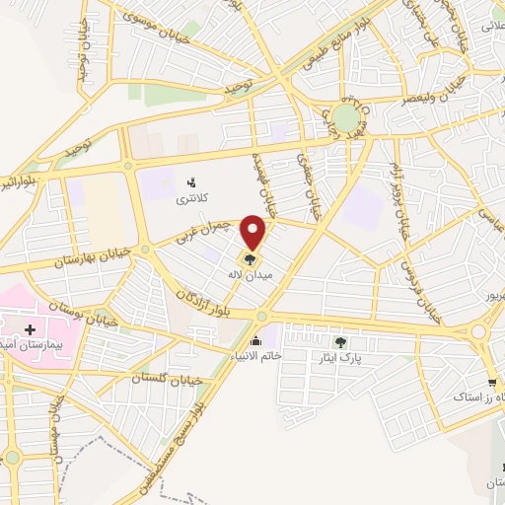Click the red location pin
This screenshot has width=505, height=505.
click(255, 231)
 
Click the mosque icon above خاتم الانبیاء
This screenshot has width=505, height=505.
click(258, 340)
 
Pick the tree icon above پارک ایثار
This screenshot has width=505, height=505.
click(340, 342)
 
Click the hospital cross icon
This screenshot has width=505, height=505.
click(30, 329)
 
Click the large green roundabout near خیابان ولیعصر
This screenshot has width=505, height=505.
click(345, 119)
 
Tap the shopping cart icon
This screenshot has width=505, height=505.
click(491, 383)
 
